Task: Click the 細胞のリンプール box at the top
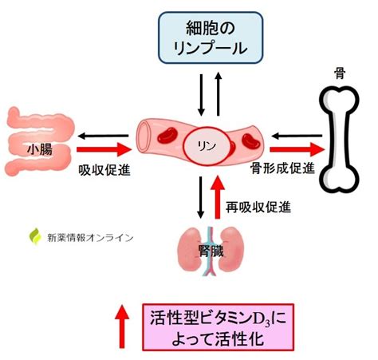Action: [211, 38]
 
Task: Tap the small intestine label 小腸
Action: [40, 150]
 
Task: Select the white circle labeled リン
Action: [207, 146]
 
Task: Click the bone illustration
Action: [339, 139]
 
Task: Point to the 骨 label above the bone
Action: [340, 73]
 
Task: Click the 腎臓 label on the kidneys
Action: [211, 251]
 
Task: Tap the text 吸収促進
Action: [104, 170]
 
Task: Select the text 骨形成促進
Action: [282, 168]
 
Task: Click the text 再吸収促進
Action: [258, 207]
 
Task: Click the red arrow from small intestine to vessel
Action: [104, 149]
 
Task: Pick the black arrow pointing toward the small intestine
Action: [103, 136]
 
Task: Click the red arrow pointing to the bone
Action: [297, 149]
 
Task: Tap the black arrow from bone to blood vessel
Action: [297, 136]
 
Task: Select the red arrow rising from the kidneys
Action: [218, 197]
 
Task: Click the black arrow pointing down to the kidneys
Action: [201, 197]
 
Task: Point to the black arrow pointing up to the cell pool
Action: [219, 93]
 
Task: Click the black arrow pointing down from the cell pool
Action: [201, 95]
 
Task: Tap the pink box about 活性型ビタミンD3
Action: [219, 327]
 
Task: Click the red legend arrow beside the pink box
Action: [122, 326]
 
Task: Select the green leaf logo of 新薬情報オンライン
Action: [35, 236]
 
